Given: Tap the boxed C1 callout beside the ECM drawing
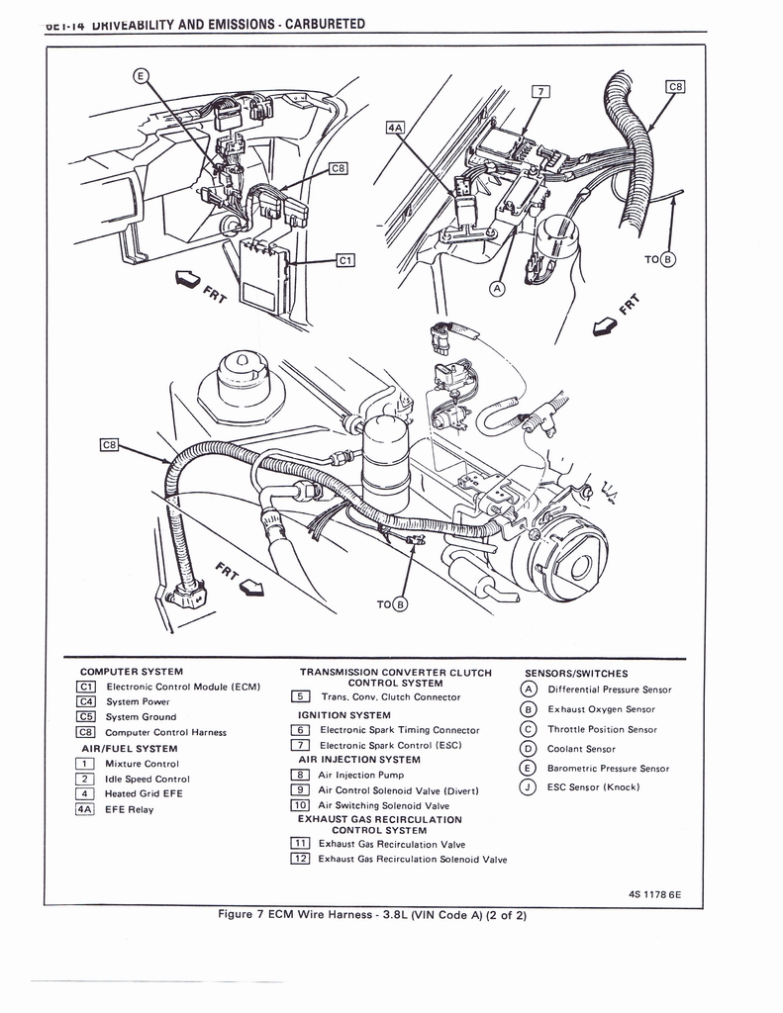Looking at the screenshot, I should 345,261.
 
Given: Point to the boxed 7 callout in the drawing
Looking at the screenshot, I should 540,92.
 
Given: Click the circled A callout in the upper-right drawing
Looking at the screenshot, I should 497,288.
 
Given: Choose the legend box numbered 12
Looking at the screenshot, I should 300,859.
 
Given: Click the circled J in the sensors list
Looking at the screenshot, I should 528,787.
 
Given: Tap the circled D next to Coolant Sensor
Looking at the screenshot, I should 528,749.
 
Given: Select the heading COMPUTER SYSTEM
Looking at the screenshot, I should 132,673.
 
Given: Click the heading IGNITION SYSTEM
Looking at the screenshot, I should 343,714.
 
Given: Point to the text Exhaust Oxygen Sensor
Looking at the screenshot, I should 601,709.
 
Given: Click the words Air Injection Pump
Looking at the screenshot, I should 360,776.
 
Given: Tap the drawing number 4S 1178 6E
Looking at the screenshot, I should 653,895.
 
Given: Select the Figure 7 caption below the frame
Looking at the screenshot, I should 371,914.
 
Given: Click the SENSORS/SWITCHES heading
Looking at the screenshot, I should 576,674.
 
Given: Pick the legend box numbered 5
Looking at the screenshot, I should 300,696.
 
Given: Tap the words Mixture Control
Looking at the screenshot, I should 142,764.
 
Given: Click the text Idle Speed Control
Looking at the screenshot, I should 147,779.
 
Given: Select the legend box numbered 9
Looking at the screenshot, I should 300,790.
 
